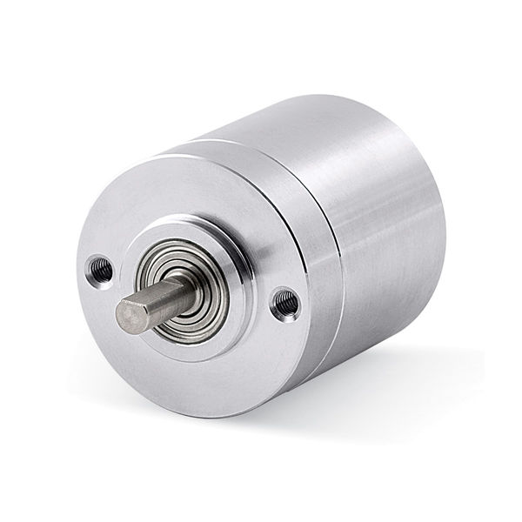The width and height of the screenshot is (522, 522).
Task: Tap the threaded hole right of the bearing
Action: coord(284,303)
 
